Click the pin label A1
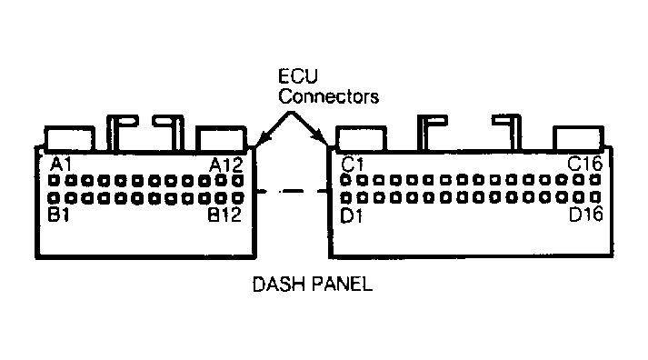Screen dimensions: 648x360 point(61,165)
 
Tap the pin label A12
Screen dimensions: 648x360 point(226,165)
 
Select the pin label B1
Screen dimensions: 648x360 point(59,215)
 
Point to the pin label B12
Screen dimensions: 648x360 point(224,215)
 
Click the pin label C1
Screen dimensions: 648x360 point(353,165)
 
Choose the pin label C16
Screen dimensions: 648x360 point(585,164)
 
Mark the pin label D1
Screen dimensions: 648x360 point(352,215)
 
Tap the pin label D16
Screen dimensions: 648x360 point(586,215)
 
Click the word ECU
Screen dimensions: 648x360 point(298,76)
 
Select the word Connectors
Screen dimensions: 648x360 point(329,96)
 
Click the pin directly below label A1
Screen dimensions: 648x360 point(54,181)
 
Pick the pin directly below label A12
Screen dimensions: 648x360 point(238,181)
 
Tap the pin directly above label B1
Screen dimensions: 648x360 point(54,198)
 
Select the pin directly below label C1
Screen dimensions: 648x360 point(345,180)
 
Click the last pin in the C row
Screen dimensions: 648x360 point(595,180)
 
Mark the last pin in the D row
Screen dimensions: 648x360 point(595,197)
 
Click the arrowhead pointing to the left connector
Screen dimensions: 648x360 point(262,139)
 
